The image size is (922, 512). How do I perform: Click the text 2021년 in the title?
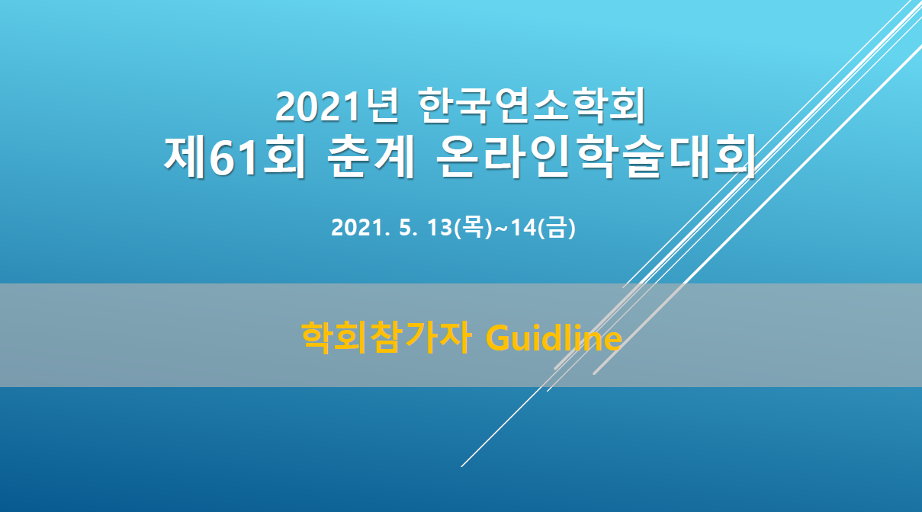(x=337, y=106)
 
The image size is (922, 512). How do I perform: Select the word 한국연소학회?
(x=532, y=105)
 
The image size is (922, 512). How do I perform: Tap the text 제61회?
(x=235, y=156)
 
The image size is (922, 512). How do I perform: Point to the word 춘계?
(x=371, y=156)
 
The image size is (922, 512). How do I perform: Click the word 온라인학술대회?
(x=596, y=156)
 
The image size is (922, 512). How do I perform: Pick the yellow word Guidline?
(x=554, y=338)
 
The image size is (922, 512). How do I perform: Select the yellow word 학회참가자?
(x=386, y=338)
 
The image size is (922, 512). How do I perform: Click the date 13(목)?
(x=460, y=227)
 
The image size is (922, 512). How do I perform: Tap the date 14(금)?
(x=543, y=227)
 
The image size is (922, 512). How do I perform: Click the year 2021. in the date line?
(x=360, y=227)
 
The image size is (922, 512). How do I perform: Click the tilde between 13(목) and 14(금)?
(x=502, y=229)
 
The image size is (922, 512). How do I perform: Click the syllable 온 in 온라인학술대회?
(x=458, y=156)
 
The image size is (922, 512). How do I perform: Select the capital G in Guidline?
(x=498, y=338)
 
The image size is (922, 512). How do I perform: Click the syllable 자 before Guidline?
(x=455, y=338)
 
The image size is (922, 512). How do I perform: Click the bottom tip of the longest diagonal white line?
(x=461, y=466)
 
